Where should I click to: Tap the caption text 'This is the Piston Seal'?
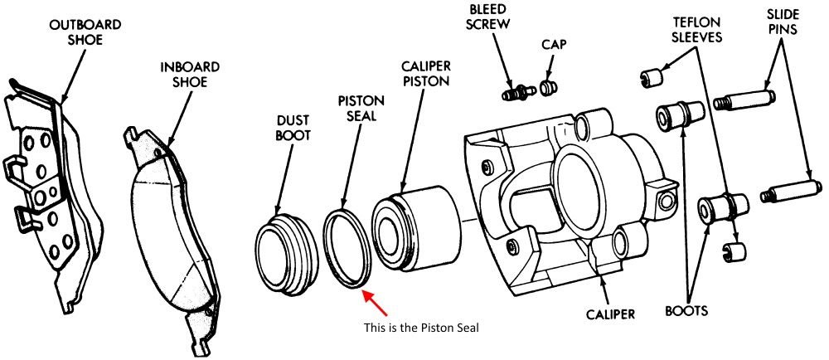coord(422,327)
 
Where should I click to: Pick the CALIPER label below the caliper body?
coord(609,314)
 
